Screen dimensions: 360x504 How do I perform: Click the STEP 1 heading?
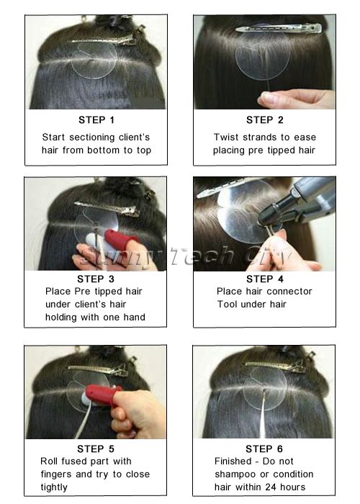[x=96, y=120]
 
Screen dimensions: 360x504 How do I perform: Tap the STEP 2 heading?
[x=264, y=120]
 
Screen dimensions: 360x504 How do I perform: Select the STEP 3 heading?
[x=96, y=279]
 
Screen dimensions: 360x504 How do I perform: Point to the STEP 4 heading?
[x=264, y=279]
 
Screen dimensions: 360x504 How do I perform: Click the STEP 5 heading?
[x=96, y=449]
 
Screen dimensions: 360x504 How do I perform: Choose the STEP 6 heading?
[x=264, y=449]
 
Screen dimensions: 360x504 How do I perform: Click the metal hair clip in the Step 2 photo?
[x=279, y=28]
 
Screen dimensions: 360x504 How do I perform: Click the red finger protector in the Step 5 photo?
[x=103, y=395]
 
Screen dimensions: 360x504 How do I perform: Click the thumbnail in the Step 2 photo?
[x=269, y=98]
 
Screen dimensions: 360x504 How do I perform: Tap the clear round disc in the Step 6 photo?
[x=265, y=389]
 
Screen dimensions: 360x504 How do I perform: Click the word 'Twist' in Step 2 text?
[x=226, y=138]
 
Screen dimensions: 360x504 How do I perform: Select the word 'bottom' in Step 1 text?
[x=103, y=150]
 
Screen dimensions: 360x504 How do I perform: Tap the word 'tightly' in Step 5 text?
[x=54, y=487]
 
